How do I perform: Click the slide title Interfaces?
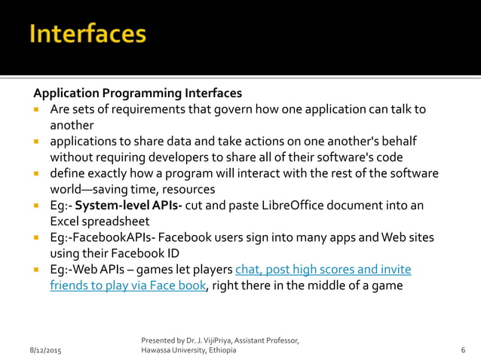point(88,35)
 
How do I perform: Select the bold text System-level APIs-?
point(117,205)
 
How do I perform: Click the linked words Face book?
point(182,285)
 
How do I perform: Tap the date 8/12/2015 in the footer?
point(45,352)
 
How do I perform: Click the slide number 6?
point(462,352)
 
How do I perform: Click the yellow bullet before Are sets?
point(36,110)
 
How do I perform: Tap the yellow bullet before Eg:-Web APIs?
point(36,270)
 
